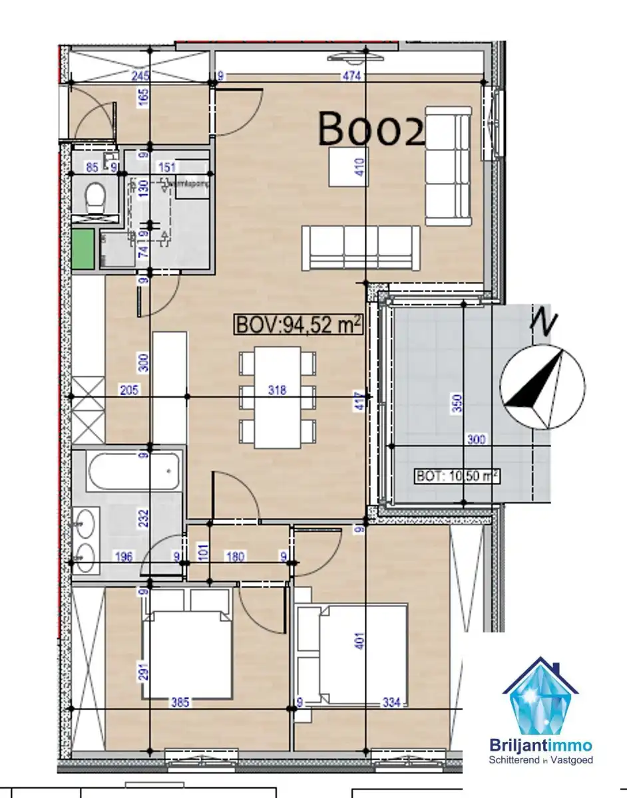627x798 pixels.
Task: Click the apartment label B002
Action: (371, 129)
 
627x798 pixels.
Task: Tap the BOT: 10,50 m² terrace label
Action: (457, 476)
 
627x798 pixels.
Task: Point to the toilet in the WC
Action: (95, 197)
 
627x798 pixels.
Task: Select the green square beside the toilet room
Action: (83, 248)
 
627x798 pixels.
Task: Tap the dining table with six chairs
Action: (278, 398)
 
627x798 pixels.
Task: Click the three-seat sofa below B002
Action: (360, 247)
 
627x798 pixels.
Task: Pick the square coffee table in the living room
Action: (347, 166)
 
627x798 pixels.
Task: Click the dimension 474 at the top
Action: (352, 76)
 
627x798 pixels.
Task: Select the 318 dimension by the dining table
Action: (277, 390)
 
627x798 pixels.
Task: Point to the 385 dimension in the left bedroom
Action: (178, 702)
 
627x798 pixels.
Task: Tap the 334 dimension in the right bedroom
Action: (391, 702)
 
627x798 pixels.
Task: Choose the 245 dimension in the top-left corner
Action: (140, 76)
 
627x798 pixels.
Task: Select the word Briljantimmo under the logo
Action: (540, 746)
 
